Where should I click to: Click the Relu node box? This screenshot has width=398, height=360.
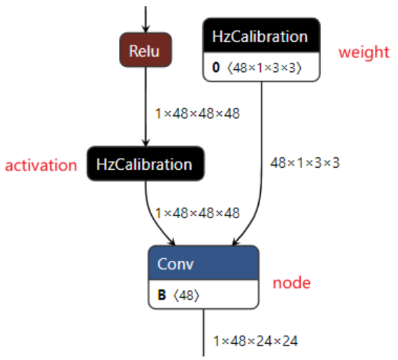tap(145, 50)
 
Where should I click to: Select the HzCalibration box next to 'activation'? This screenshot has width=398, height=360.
tap(145, 164)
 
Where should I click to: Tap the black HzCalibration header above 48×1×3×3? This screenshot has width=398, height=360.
tap(262, 36)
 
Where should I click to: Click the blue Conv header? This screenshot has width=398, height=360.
tap(204, 263)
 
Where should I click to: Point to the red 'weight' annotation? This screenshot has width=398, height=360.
tap(364, 52)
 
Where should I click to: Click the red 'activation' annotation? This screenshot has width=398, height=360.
tap(41, 165)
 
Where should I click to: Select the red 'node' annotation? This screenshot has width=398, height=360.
tap(292, 283)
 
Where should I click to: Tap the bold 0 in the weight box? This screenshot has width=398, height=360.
tap(215, 68)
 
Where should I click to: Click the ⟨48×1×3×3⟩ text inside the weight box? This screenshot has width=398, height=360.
tap(264, 68)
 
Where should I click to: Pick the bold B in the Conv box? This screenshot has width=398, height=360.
tap(162, 295)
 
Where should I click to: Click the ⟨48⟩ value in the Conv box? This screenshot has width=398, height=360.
tap(186, 295)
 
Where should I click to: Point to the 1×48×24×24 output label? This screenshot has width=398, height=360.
tap(255, 340)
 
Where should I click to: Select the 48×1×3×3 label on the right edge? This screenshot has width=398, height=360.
tap(305, 163)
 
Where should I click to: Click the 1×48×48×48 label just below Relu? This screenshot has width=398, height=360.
tap(197, 113)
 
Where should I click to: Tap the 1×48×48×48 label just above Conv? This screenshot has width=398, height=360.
tap(197, 213)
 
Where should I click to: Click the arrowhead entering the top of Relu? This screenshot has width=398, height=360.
tap(145, 29)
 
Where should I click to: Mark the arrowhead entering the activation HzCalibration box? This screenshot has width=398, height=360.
tap(145, 143)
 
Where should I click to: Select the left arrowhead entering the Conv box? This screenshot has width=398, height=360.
tap(172, 242)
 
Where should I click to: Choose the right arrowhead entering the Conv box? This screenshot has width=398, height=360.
tap(236, 242)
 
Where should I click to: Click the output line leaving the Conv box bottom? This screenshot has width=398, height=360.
tap(204, 332)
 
